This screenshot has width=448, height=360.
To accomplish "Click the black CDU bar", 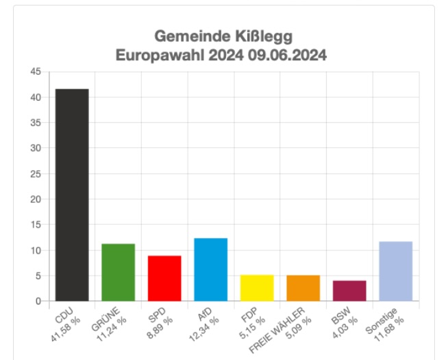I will (72, 195).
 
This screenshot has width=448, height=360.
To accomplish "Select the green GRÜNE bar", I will (118, 272).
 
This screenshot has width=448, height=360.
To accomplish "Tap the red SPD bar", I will (164, 278).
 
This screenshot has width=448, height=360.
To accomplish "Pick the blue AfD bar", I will (211, 269).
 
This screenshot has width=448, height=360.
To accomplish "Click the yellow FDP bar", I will (257, 287).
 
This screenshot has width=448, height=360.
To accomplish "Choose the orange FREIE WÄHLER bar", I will (303, 288).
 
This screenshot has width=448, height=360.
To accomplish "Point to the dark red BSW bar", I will (349, 291).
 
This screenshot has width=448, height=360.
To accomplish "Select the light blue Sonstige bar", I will (396, 271).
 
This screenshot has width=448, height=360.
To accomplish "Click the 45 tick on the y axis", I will (36, 72).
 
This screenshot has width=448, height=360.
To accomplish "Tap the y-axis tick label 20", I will (36, 199).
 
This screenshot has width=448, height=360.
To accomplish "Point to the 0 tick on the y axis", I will (38, 301).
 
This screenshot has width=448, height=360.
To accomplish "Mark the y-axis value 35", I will (36, 123).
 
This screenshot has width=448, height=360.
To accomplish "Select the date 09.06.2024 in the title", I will (287, 55).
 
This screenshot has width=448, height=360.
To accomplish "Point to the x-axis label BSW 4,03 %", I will (343, 321).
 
